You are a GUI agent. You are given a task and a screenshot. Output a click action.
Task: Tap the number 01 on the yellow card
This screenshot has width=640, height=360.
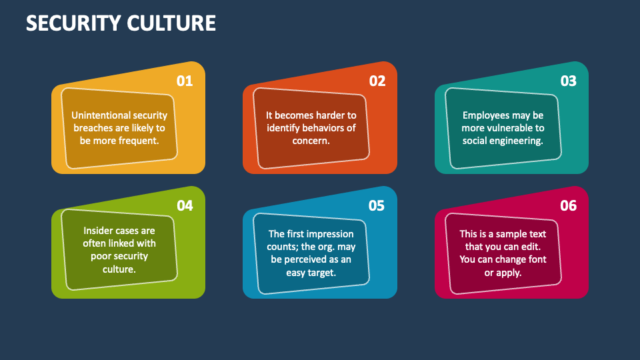[x=185, y=81]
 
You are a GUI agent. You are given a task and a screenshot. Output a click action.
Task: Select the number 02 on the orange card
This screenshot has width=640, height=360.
[x=377, y=81]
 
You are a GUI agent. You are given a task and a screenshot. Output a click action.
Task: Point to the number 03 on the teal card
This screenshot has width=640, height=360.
[x=568, y=81]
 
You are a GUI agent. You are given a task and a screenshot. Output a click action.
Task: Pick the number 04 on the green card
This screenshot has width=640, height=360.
[x=185, y=206]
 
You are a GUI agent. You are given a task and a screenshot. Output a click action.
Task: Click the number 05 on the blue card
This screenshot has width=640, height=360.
[x=377, y=206]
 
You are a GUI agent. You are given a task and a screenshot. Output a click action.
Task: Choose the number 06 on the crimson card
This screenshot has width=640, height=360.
[x=568, y=206]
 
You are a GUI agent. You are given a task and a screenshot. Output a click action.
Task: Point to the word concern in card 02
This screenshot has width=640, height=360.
[x=311, y=141]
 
